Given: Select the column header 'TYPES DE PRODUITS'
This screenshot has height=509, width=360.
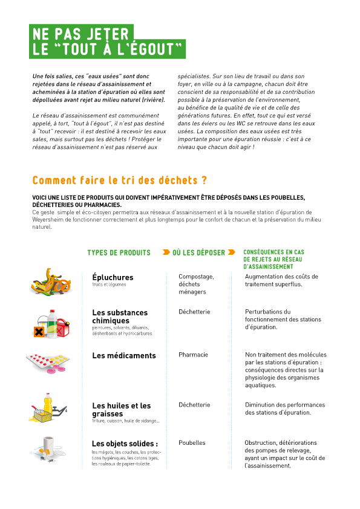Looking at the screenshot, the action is tap(119, 252).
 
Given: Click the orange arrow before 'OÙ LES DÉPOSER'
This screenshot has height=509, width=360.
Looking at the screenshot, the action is tap(166, 252).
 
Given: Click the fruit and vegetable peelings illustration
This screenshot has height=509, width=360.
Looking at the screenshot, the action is tap(51, 283).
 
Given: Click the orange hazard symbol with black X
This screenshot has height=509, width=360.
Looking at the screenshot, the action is tap(39, 332).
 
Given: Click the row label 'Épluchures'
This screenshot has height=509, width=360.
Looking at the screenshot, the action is tap(113, 277).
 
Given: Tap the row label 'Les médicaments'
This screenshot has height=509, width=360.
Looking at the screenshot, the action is tap(124, 356).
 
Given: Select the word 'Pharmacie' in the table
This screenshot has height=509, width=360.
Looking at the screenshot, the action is tap(193, 355).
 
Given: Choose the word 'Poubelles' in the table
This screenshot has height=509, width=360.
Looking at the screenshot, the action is tap(192, 442).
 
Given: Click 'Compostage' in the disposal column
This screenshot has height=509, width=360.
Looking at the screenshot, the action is tap(196, 277).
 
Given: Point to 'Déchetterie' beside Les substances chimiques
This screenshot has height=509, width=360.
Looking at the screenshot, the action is tap(194, 312).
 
